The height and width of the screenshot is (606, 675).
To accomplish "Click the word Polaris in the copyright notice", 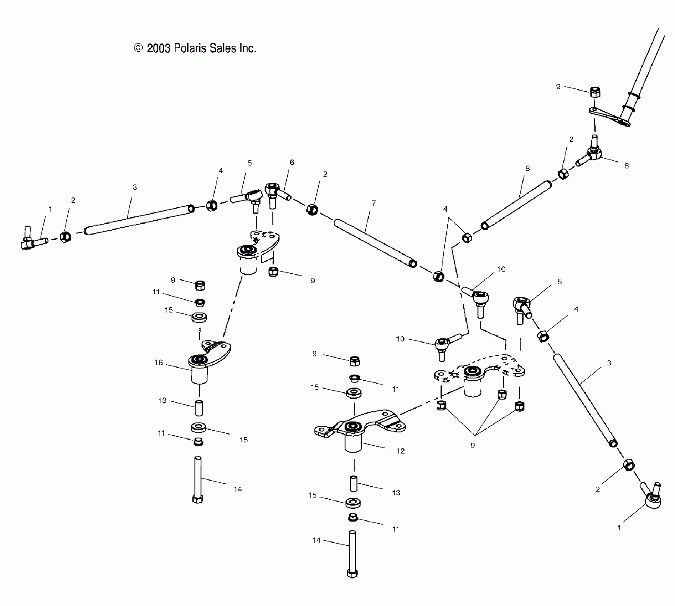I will coord(190,48).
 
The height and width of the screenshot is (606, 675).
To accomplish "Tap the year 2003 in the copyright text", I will coord(158,48).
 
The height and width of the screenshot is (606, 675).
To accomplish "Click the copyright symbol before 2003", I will coord(138,48).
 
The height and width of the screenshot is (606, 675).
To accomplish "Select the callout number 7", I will coord(373,203).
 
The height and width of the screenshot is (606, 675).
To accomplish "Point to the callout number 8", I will coord(527,168).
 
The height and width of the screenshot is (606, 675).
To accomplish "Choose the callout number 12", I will coord(401,451).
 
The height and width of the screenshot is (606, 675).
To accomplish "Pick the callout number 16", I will coord(159,363).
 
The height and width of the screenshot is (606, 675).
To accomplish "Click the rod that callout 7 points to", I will coord(374,242).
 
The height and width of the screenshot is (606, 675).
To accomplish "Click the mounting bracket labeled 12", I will coord(360,428).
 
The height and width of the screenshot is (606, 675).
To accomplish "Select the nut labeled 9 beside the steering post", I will coord(595,92).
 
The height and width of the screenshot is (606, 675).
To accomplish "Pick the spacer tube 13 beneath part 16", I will coord(199,408).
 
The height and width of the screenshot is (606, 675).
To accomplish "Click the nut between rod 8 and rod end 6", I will coord(563,174).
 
